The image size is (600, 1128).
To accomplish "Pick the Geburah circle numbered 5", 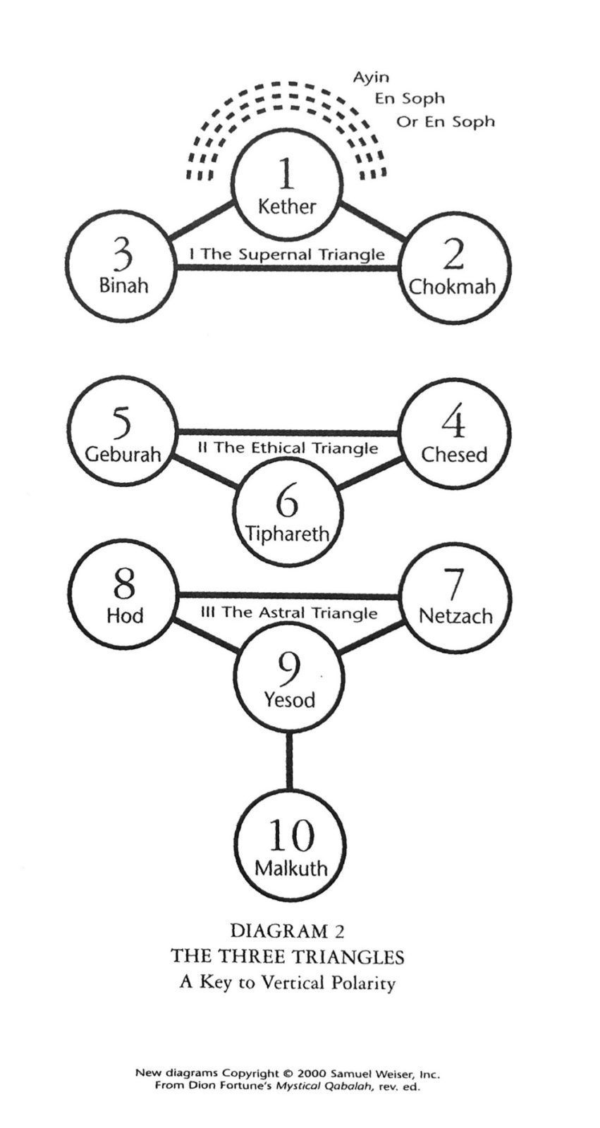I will (123, 431).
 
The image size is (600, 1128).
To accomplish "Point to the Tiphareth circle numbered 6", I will (287, 513).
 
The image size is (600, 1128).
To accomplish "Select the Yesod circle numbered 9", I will (288, 679).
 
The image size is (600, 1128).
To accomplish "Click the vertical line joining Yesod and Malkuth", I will (289, 762).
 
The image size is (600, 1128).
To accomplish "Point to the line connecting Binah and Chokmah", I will (287, 268).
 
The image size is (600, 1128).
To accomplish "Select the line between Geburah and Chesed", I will (287, 432).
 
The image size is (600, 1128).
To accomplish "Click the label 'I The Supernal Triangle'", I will (287, 254).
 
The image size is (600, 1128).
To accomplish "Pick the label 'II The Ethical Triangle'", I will (287, 448).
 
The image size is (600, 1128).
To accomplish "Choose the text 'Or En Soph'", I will (446, 121).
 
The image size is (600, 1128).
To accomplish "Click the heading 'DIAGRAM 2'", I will (287, 931).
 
